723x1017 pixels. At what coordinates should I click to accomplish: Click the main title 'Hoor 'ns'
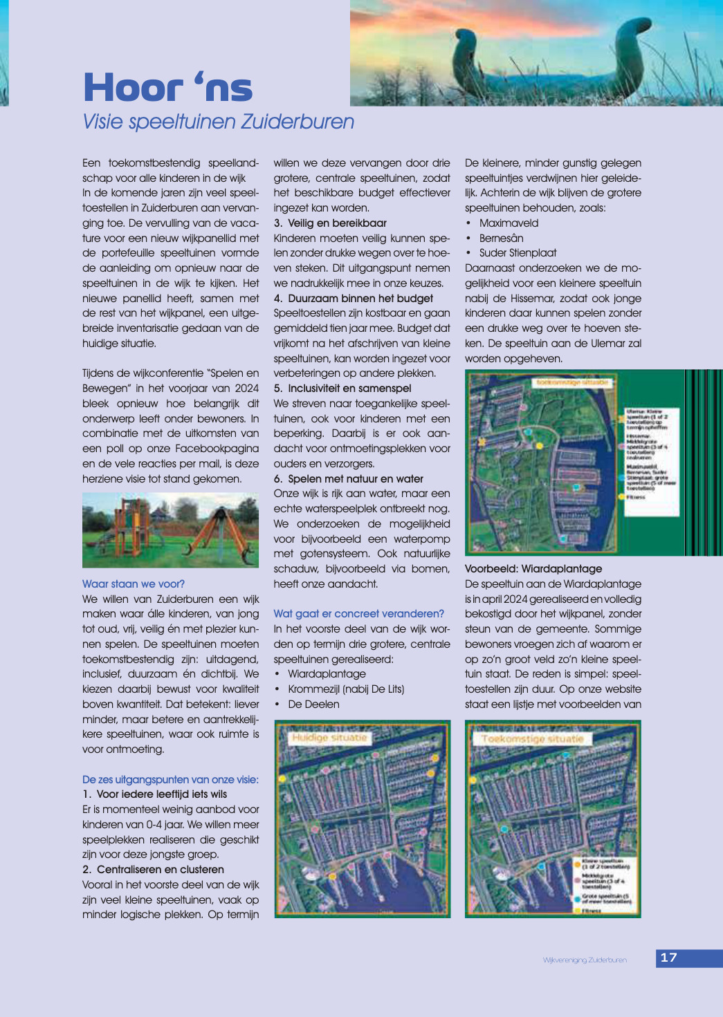(167, 88)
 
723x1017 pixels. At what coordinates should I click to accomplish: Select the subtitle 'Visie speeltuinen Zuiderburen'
(218, 122)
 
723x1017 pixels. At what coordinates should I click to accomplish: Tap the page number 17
(668, 958)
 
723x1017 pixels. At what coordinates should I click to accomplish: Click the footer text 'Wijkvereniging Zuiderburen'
(585, 960)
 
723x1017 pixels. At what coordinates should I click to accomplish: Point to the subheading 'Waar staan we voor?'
(134, 584)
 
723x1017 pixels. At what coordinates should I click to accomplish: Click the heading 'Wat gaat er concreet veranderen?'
(358, 614)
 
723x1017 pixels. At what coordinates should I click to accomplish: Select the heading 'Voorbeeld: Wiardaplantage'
(533, 569)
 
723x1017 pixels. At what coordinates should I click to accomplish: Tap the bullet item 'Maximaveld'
(509, 223)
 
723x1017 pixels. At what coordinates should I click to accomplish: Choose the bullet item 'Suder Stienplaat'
(518, 253)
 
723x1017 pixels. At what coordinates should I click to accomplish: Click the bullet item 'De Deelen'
(313, 705)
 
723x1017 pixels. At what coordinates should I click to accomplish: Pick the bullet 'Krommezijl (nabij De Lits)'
(346, 689)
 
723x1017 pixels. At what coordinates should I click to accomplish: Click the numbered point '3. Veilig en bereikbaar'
(330, 223)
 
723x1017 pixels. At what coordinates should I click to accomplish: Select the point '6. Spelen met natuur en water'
(348, 479)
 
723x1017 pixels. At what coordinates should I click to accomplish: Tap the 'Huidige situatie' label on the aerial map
(329, 738)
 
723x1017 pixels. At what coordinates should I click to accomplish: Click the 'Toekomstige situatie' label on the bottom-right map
(533, 739)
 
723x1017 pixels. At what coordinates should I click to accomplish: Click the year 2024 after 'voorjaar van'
(246, 389)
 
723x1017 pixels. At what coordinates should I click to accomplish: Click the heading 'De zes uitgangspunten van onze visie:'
(170, 780)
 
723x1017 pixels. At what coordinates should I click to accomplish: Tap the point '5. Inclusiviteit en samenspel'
(342, 389)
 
